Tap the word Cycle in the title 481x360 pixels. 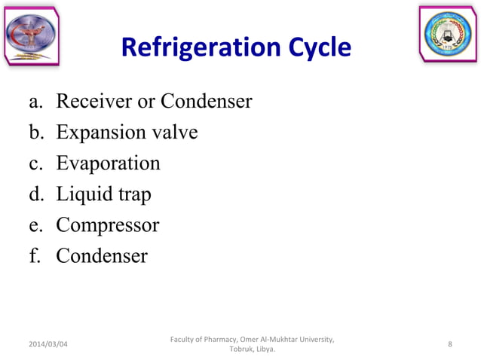click(x=313, y=48)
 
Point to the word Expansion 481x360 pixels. click(x=100, y=133)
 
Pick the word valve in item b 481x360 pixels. click(x=173, y=133)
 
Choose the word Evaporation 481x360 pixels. click(x=108, y=163)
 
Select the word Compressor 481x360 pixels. click(x=107, y=226)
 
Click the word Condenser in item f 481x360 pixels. click(x=102, y=257)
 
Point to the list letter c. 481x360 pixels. click(x=35, y=164)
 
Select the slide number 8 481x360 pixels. click(x=450, y=344)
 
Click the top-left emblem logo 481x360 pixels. click(x=31, y=36)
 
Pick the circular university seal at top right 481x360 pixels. click(x=448, y=35)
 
